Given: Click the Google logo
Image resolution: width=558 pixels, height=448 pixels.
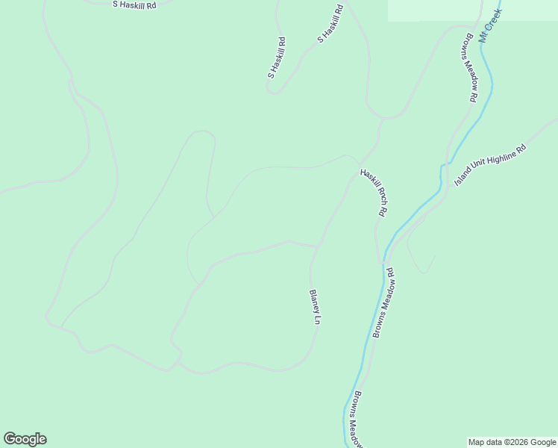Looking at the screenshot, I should [x=25, y=439].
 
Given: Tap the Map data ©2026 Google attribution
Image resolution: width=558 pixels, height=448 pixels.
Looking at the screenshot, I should [x=511, y=442].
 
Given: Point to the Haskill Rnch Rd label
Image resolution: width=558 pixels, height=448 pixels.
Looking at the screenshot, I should [x=373, y=192].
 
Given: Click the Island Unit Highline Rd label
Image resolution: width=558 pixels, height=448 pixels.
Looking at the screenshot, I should [x=490, y=166].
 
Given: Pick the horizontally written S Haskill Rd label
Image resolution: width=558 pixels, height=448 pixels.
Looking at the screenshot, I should [x=134, y=4].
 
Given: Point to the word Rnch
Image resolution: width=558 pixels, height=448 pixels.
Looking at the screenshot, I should [x=376, y=196].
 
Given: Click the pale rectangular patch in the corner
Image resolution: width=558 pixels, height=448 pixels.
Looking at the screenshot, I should [x=472, y=10].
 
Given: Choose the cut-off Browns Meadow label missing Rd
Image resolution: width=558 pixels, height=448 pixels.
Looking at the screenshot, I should [x=357, y=419].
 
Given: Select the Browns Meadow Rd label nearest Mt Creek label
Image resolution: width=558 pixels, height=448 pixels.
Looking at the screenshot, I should [x=468, y=67].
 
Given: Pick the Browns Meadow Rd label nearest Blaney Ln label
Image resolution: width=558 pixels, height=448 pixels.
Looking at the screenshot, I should [x=383, y=304].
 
